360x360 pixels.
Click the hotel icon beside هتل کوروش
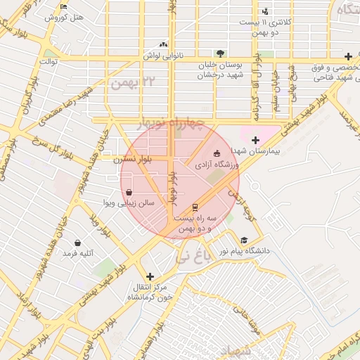[x=64, y=6]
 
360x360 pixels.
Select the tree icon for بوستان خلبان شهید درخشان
[x=220, y=53]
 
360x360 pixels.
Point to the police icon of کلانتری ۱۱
[x=265, y=11]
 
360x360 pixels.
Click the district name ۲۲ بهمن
[x=131, y=82]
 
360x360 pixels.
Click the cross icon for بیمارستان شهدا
[x=255, y=140]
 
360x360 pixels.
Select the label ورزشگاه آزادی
[x=218, y=164]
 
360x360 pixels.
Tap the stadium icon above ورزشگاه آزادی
[x=216, y=153]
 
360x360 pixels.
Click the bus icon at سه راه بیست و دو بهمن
[x=195, y=207]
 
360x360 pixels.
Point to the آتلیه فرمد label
[x=77, y=252]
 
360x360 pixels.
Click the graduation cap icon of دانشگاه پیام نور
[x=244, y=240]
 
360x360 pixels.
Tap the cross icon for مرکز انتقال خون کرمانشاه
[x=149, y=276]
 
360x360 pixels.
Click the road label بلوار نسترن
[x=133, y=160]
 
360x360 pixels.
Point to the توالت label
[x=48, y=61]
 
